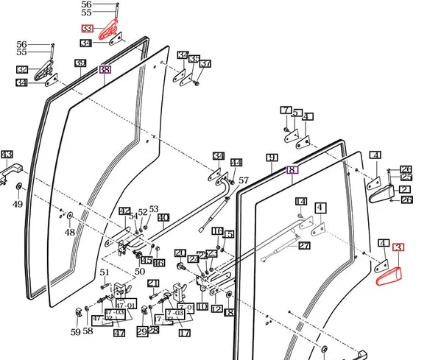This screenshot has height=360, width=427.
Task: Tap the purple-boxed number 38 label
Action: click(105, 70)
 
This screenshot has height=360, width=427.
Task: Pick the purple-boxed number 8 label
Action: click(293, 169)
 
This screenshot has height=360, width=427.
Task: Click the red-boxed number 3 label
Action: click(400, 248)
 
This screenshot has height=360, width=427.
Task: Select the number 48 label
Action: click(69, 233)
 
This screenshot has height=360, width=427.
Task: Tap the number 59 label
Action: click(76, 332)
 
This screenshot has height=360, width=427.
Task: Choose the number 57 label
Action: click(244, 180)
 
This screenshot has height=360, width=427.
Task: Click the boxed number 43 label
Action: click(7, 155)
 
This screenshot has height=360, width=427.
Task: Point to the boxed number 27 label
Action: click(305, 247)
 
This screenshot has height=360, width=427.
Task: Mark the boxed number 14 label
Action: click(301, 202)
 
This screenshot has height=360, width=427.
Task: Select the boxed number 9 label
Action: click(271, 158)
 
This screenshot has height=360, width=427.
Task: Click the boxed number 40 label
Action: click(163, 217)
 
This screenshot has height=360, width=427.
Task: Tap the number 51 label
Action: click(105, 272)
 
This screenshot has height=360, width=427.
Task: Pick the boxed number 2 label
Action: click(406, 189)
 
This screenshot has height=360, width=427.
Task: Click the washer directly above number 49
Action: click(18, 190)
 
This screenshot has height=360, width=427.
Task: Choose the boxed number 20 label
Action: click(180, 253)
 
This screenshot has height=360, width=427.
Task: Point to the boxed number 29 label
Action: click(142, 332)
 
